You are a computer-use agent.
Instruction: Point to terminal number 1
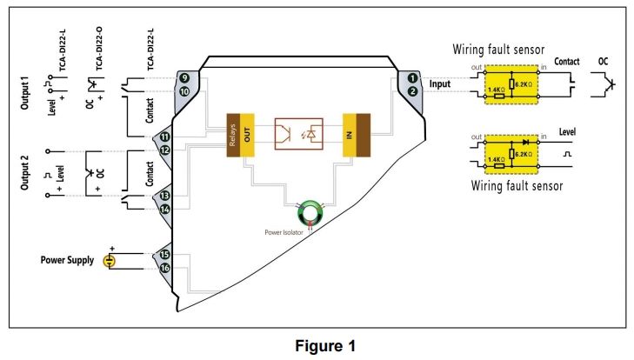point(412,78)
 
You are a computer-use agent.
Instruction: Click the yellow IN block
point(350,135)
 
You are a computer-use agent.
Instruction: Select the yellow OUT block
point(246,135)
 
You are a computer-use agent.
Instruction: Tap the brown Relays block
point(232,135)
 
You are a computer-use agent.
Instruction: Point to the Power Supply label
point(67,260)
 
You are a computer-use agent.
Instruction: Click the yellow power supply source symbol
point(110,261)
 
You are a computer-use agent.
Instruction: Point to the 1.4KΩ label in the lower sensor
point(496,161)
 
